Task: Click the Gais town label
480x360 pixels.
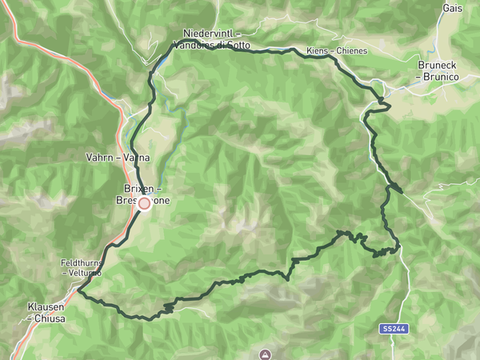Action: (451, 7)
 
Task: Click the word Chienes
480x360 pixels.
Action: (351, 51)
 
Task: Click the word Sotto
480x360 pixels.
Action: (239, 45)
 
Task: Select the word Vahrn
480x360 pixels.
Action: (100, 158)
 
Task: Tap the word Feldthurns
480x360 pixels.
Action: (82, 262)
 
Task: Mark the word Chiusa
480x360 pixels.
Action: (48, 318)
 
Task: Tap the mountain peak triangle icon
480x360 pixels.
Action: (265, 353)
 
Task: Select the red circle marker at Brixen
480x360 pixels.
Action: (144, 204)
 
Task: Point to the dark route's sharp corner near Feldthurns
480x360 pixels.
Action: (78, 291)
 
